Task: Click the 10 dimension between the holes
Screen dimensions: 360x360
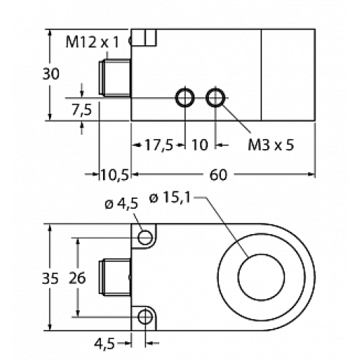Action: coord(199,145)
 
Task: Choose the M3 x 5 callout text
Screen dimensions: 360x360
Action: coord(271,145)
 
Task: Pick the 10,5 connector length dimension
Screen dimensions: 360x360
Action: coord(113,174)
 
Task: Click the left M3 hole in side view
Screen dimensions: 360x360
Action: coord(184,97)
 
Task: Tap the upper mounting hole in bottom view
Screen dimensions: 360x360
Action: coord(146,237)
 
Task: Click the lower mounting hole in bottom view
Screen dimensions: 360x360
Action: coord(146,317)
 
